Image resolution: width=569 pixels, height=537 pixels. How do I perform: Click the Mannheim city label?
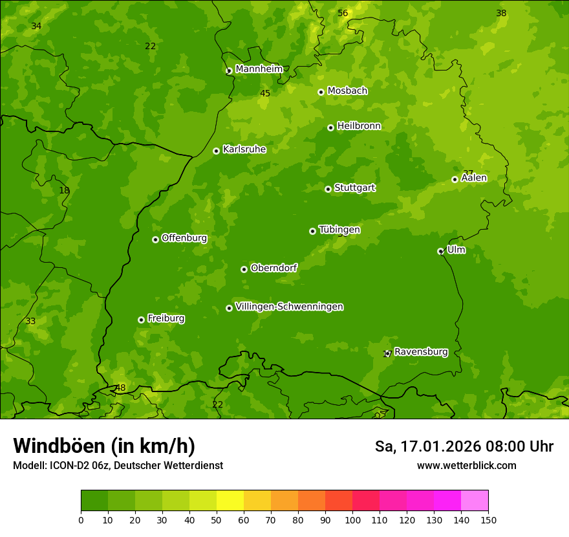click(x=259, y=69)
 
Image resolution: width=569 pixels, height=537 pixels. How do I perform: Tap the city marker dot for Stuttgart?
click(x=328, y=189)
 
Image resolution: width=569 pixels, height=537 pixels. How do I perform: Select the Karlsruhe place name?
click(x=244, y=149)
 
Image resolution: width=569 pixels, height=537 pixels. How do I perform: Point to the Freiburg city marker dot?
click(x=141, y=320)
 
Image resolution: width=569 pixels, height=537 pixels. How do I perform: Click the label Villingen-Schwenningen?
click(x=289, y=307)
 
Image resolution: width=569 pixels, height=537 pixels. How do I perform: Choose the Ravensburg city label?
click(x=421, y=352)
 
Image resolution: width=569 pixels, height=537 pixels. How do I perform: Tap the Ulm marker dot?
click(x=440, y=251)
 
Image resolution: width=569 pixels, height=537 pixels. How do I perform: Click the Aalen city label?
click(x=474, y=178)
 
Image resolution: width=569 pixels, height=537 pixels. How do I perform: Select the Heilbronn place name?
click(x=359, y=126)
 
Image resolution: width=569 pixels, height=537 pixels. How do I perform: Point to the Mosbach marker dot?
click(x=321, y=92)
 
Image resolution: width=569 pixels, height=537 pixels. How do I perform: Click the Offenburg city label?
click(x=184, y=238)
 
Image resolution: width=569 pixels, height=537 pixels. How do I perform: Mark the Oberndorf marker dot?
click(x=244, y=269)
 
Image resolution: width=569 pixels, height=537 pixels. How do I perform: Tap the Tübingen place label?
click(x=339, y=230)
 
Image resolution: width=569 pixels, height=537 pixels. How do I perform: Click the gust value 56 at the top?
click(x=343, y=14)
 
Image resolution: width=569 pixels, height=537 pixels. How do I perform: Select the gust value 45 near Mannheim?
click(x=265, y=94)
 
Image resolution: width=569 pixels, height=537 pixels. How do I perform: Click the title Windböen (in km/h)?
click(x=104, y=446)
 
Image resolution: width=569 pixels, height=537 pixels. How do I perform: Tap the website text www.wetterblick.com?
click(x=466, y=465)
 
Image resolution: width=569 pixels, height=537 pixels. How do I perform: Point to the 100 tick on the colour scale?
click(x=352, y=520)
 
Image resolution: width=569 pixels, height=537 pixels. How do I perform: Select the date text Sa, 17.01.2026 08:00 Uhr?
click(x=464, y=446)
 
